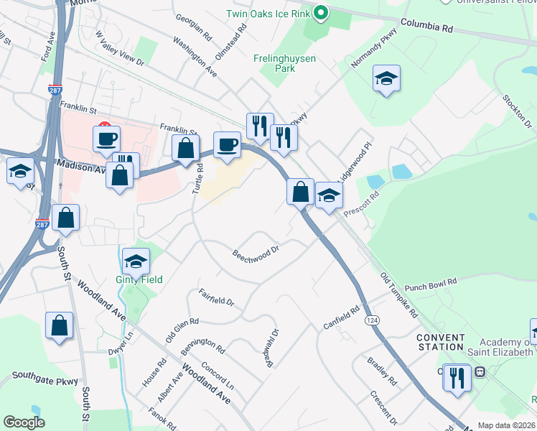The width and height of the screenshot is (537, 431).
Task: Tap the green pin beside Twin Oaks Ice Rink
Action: tap(322, 13)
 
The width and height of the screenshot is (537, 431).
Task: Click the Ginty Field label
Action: tap(139, 279)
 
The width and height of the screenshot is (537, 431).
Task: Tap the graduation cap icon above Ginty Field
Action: tap(136, 260)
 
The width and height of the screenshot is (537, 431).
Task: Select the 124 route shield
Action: tap(371, 319)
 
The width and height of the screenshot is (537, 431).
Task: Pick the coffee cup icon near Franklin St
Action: tap(106, 138)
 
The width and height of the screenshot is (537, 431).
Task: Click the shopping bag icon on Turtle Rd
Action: tap(186, 149)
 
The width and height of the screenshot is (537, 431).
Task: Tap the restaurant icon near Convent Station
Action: tap(457, 376)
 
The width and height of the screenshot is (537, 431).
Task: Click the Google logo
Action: tap(24, 422)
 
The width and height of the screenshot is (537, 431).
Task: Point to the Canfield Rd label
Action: tap(341, 314)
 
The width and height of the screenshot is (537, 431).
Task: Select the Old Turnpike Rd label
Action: tap(398, 295)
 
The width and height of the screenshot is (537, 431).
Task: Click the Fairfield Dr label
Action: tap(217, 297)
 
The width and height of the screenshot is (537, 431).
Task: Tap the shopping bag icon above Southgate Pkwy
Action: tap(59, 325)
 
